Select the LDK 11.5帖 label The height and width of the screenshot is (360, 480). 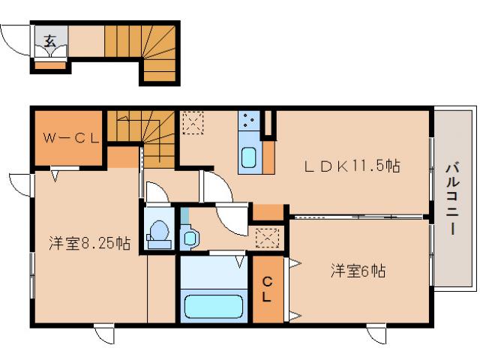pos(349,166)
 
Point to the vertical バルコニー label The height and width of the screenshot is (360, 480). pos(455,199)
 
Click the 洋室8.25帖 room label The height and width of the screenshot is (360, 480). pos(89,243)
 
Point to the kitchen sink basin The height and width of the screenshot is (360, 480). pos(248,158)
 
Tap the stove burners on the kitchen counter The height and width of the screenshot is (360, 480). pos(248,121)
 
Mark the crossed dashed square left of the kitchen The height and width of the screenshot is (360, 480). pos(193,121)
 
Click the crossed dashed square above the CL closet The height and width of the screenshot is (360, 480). pos(266,238)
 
